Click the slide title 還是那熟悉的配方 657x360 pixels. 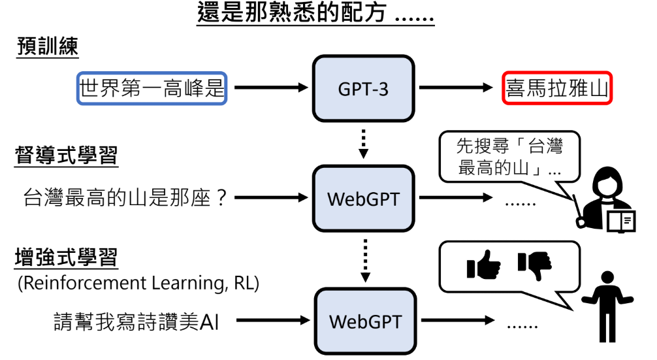point(315,14)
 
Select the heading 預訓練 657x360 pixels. point(47,47)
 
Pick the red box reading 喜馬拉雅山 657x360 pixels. point(557,88)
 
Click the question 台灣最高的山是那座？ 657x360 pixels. point(124,197)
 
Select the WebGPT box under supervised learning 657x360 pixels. point(363,198)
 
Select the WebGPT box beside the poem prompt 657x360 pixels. point(364,321)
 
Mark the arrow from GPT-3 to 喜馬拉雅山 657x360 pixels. point(456,88)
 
